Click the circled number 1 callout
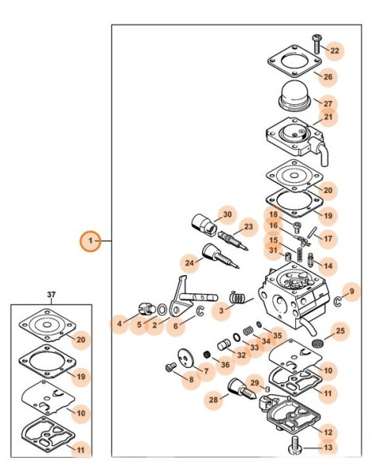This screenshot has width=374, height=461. (x=91, y=241)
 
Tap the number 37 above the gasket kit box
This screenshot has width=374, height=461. (x=51, y=294)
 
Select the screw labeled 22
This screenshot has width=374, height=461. (x=317, y=44)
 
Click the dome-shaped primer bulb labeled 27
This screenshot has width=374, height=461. (x=296, y=96)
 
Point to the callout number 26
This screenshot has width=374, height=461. (x=328, y=77)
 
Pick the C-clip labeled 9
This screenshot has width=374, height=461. (x=337, y=301)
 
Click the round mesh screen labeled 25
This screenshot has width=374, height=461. (x=318, y=343)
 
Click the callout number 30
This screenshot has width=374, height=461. (x=228, y=215)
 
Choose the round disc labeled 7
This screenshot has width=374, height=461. (x=186, y=358)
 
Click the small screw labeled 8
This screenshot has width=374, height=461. (x=171, y=367)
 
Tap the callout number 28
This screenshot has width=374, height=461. (x=213, y=400)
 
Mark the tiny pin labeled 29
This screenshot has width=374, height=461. (x=267, y=389)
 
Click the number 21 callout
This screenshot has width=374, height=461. (x=328, y=117)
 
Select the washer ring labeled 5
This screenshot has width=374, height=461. (x=162, y=310)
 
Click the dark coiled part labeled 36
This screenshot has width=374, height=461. (x=208, y=354)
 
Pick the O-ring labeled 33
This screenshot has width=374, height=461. (x=236, y=337)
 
